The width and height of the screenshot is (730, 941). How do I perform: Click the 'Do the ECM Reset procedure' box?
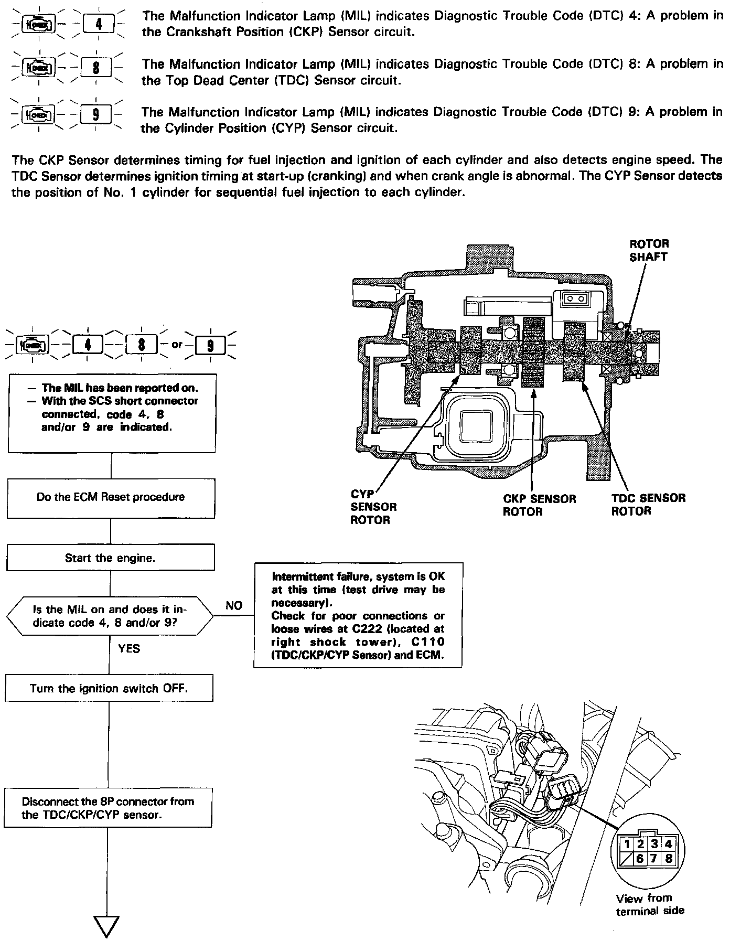click(x=111, y=497)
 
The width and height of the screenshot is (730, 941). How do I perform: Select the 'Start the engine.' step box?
click(x=110, y=558)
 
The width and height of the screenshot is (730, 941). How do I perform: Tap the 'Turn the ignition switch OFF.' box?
click(x=109, y=688)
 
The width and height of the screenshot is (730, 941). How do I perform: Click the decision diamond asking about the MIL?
click(x=110, y=616)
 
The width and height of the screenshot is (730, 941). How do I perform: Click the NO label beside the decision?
click(x=234, y=606)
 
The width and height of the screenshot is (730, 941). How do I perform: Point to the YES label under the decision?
click(x=130, y=649)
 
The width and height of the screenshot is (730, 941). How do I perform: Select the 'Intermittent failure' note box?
click(x=358, y=615)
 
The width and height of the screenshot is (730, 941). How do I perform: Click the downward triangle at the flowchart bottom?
click(x=106, y=925)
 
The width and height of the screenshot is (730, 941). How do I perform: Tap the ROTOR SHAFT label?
click(x=649, y=250)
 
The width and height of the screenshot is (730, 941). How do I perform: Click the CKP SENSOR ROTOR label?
click(x=539, y=505)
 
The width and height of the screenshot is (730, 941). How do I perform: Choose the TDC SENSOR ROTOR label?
click(x=648, y=504)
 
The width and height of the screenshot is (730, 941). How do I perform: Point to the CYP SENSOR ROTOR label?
click(x=373, y=507)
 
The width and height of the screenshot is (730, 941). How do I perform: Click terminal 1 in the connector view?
click(x=628, y=844)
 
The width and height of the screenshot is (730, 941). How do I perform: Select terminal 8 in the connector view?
click(x=668, y=859)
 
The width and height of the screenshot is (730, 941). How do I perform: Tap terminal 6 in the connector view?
click(x=640, y=859)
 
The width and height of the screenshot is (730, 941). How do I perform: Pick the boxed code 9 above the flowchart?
click(x=210, y=345)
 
